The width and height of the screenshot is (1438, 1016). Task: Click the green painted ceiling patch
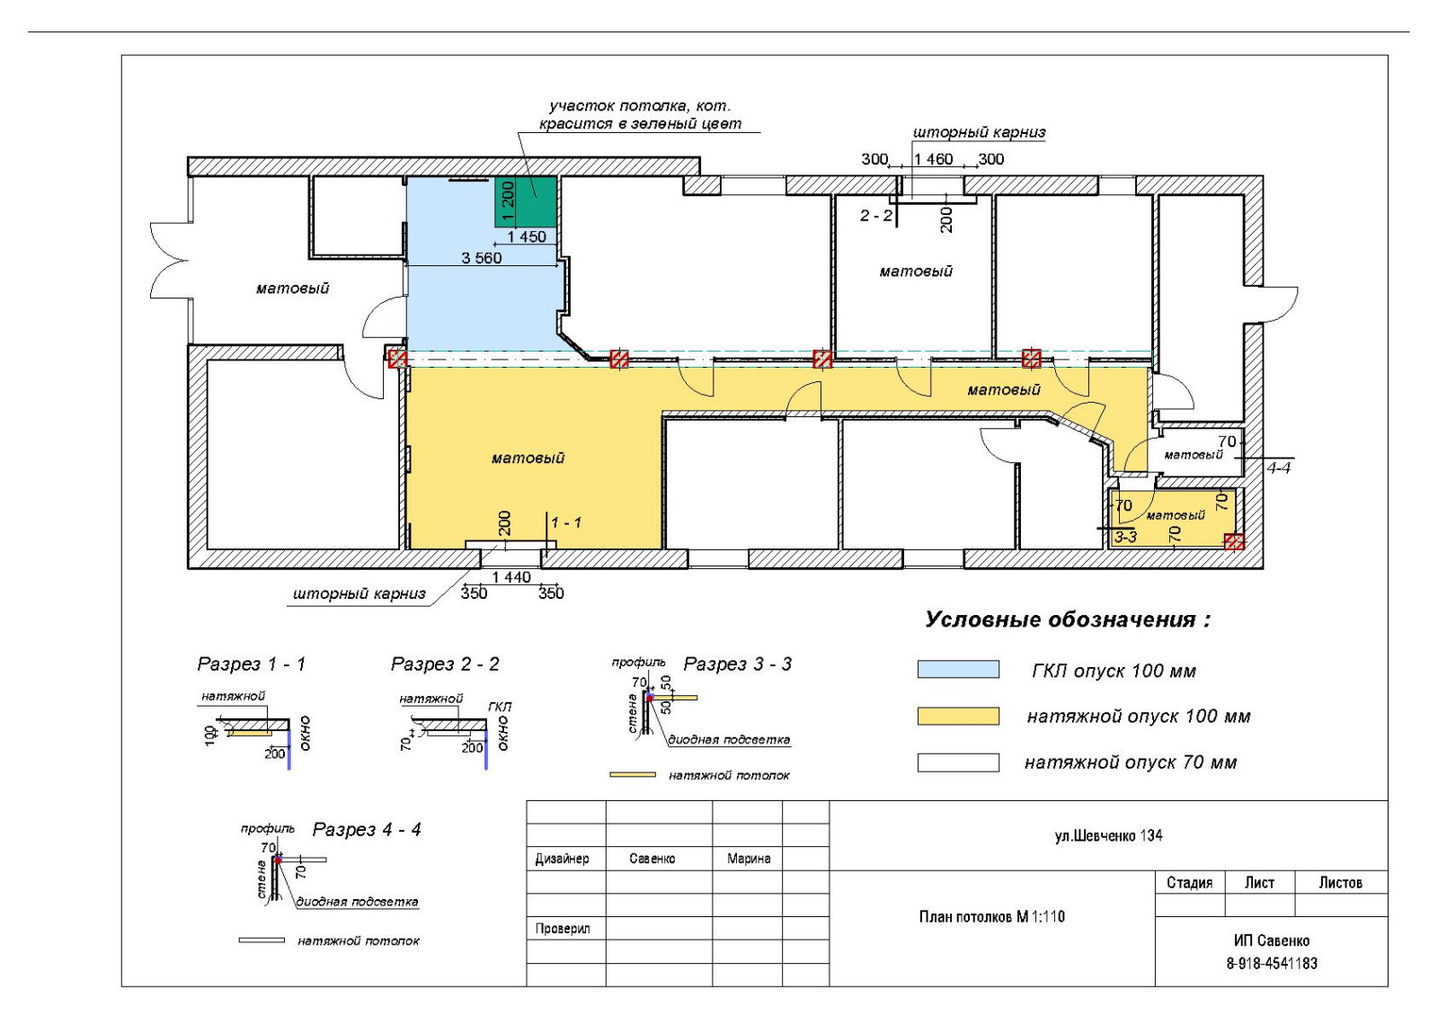(x=525, y=201)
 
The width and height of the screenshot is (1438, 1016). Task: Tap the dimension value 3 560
(x=482, y=258)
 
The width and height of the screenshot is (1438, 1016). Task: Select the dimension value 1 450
(x=527, y=237)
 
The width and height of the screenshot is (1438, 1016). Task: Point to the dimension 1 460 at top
(x=934, y=159)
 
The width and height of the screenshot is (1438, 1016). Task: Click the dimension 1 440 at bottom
(x=511, y=577)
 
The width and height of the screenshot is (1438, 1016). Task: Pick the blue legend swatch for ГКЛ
(x=958, y=669)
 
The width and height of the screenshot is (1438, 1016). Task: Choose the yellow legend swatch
(x=958, y=716)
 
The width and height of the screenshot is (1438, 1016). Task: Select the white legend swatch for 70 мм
(x=958, y=762)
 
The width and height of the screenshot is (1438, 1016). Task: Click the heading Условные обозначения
(x=1068, y=619)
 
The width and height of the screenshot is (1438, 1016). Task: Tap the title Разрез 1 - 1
(x=252, y=664)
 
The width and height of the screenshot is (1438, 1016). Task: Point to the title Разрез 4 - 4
(x=367, y=830)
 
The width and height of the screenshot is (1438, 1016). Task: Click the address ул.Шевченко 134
(x=1109, y=835)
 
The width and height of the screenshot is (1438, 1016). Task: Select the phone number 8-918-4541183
(x=1272, y=963)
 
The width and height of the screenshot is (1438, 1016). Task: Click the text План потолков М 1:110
(x=992, y=916)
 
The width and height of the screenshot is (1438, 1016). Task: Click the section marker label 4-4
(x=1278, y=468)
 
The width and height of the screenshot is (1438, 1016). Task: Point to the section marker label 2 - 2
(x=875, y=216)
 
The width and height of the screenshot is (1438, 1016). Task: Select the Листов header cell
(x=1340, y=882)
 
